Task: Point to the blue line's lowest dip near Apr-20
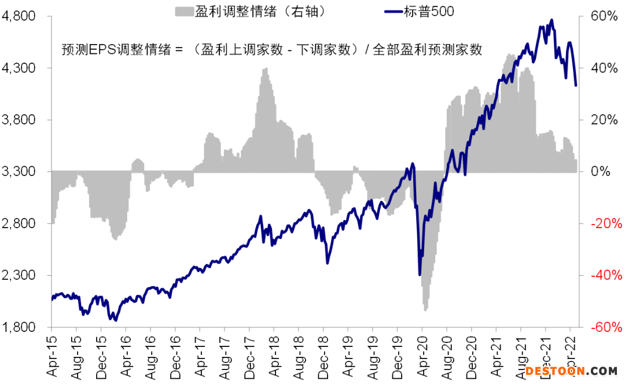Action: (420, 275)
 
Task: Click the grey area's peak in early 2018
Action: (265, 69)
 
